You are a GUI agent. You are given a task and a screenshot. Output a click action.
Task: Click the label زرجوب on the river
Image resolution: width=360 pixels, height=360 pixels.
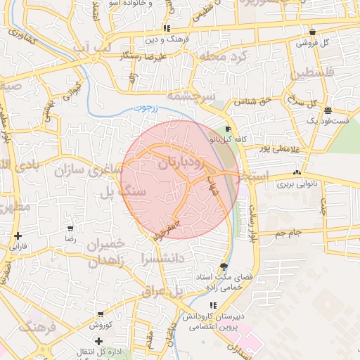pos(148,109)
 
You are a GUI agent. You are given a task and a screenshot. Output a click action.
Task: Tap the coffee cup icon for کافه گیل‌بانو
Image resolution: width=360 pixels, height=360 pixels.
pos(228,130)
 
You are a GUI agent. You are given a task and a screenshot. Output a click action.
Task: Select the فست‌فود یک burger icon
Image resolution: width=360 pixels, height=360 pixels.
pos(328,110)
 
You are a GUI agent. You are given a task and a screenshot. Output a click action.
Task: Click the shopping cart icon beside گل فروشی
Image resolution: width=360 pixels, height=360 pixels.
pos(311,32)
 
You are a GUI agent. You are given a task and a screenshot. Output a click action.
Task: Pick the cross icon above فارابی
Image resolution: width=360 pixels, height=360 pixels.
pos(18,236)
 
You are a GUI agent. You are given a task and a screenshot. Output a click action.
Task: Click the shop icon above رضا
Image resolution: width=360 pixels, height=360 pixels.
pos(70,229)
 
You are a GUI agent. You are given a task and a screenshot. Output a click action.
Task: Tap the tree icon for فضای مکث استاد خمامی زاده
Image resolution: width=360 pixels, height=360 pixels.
pos(224,266)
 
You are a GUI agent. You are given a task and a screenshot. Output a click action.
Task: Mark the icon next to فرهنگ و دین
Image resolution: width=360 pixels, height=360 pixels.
pos(167,29)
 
